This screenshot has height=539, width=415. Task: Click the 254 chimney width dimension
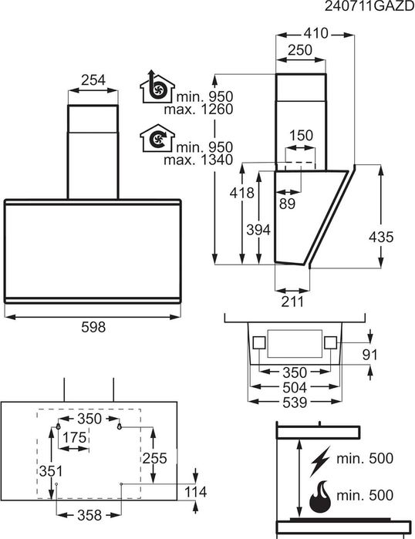93,79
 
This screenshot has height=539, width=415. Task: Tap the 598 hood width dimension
93,327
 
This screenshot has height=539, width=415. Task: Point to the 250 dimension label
299,50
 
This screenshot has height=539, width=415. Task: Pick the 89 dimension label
287,204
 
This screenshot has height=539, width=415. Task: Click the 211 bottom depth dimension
292,302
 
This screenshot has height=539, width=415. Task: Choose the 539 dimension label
294,403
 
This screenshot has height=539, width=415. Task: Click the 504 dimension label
294,387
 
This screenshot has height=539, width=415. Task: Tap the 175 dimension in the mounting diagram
74,438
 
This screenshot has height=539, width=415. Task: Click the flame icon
319,497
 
